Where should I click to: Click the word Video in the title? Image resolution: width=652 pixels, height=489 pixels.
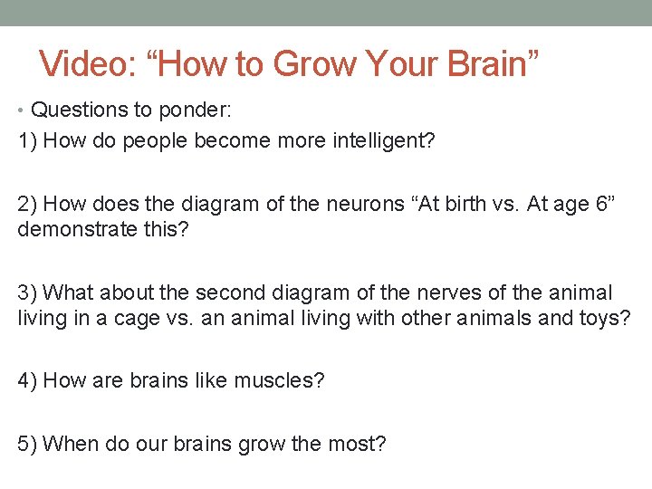point(84,63)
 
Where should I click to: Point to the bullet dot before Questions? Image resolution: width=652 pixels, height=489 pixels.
point(22,110)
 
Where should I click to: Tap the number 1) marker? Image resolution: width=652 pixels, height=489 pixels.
point(27,140)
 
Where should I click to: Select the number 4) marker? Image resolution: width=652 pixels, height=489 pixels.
point(27,380)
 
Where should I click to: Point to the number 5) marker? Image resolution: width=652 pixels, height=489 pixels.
point(27,444)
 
